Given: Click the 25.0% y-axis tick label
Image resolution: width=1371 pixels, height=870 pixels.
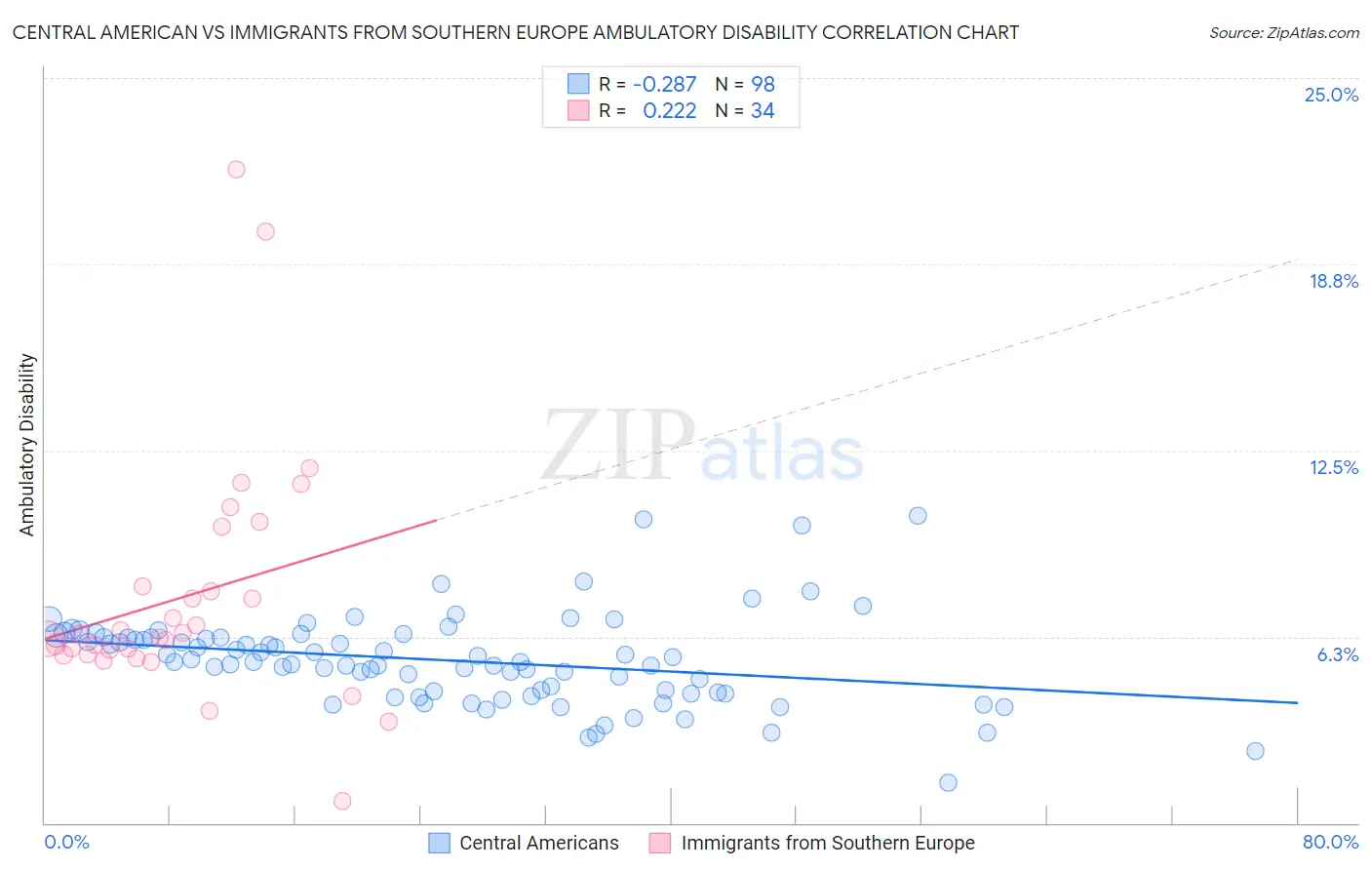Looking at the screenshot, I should pos(1331,95).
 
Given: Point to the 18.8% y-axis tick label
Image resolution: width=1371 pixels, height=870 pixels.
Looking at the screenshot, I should pos(1333,281).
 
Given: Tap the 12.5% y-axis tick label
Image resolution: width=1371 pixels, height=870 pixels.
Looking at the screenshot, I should pos(1333,467).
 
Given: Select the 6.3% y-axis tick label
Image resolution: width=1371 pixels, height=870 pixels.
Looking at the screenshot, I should pos(1337,654).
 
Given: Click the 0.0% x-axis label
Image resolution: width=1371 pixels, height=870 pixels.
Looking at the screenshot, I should pos(67,842).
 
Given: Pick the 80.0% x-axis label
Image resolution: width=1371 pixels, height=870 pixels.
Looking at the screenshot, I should pos(1330,842).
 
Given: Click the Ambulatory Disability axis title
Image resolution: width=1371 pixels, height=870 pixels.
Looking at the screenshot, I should pos(27,445).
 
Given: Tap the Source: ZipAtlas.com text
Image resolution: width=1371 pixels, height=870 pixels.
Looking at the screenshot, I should pos(1283,33).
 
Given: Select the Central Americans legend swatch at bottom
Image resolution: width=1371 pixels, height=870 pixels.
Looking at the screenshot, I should pos(440,843).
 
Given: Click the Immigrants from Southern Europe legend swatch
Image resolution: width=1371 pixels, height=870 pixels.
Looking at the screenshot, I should pos(660,843).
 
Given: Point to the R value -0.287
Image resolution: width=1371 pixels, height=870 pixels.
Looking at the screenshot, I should pos(664,84).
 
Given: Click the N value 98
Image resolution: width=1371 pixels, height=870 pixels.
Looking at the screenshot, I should pos(763,84).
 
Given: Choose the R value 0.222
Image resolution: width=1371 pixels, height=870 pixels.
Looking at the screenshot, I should pos(670,111).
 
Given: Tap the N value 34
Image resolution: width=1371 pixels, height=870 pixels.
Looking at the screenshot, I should pos(763,111).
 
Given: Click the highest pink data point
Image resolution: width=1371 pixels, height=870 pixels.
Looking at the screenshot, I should pos(236,170).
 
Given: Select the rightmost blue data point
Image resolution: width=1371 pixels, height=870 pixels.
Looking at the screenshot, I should pos(1255,751).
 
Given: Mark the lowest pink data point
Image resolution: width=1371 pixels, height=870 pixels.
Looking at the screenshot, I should pos(342,801).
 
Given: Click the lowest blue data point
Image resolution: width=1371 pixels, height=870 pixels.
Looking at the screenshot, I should pos(948,782).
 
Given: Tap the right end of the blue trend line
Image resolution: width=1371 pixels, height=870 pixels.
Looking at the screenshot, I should pos(1297,702).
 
